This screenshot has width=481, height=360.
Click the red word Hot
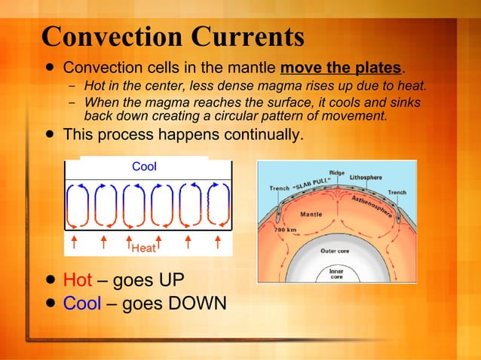pos(77,281)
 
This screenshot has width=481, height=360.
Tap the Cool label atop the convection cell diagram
pos(144,166)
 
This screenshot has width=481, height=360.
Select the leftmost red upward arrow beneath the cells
pos(74,241)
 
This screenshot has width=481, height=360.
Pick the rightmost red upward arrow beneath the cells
pos(217,241)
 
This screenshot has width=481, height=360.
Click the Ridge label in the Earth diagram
pos(336,172)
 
